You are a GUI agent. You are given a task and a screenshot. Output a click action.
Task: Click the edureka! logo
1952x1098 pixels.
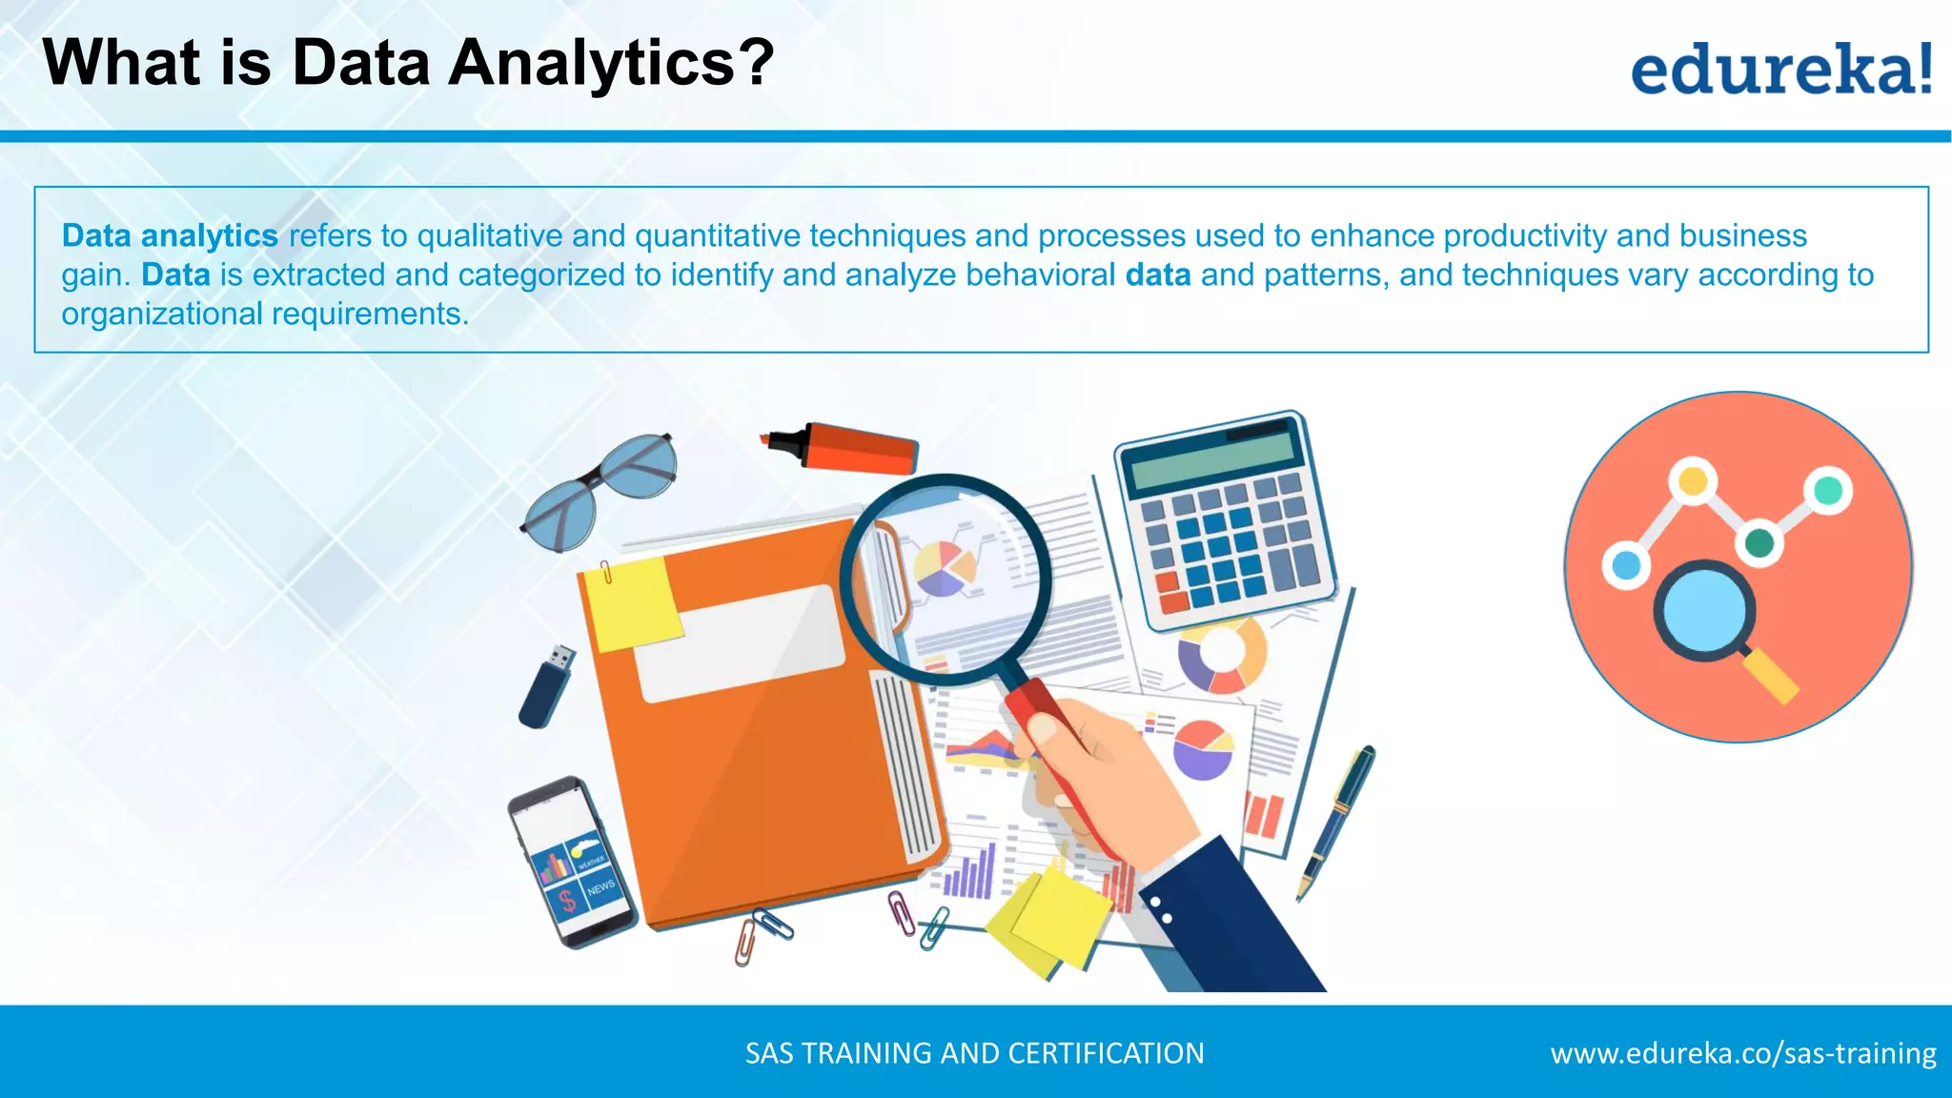pyautogui.click(x=1780, y=69)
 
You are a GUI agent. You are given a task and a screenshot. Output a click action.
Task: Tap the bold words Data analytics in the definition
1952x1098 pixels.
pyautogui.click(x=170, y=235)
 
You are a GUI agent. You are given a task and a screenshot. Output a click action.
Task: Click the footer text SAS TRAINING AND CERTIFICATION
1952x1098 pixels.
pyautogui.click(x=974, y=1053)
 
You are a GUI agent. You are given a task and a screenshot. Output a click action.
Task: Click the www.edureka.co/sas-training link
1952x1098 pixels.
pyautogui.click(x=1742, y=1053)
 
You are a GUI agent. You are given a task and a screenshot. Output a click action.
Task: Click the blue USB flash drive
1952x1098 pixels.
pyautogui.click(x=546, y=686)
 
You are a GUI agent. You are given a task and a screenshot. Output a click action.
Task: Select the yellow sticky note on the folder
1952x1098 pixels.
pyautogui.click(x=632, y=602)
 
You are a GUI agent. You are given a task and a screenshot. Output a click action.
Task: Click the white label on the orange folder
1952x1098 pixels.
pyautogui.click(x=739, y=643)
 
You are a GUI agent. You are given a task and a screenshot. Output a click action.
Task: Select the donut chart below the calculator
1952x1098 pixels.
pyautogui.click(x=1222, y=656)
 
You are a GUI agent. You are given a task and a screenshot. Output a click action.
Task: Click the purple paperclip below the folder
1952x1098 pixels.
pyautogui.click(x=901, y=912)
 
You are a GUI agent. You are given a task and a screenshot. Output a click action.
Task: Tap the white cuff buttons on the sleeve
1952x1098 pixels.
pyautogui.click(x=1161, y=908)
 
